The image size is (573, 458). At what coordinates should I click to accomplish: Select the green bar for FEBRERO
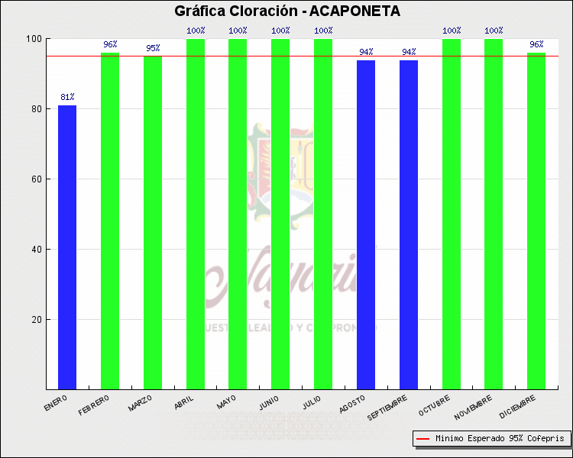(x=110, y=221)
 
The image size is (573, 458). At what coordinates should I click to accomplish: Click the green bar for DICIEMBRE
(x=536, y=221)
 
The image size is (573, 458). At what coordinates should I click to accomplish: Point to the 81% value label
(x=67, y=98)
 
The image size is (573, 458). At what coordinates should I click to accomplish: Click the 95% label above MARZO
(x=153, y=49)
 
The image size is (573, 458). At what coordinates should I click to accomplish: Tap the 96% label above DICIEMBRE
(x=536, y=45)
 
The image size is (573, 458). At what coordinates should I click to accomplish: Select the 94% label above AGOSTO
(x=366, y=52)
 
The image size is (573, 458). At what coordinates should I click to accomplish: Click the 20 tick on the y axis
(x=36, y=320)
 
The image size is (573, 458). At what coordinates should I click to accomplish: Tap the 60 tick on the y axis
(x=36, y=179)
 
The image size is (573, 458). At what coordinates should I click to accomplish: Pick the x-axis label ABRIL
(x=184, y=402)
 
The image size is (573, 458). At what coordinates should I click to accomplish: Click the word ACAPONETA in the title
(x=354, y=11)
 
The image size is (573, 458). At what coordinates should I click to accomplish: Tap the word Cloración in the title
(x=258, y=11)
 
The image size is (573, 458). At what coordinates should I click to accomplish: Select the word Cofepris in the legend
(x=545, y=439)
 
